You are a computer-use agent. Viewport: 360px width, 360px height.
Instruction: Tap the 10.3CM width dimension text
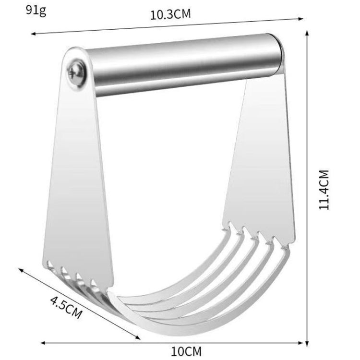[x=170, y=13]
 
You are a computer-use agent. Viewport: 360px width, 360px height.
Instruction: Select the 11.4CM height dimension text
[x=325, y=189]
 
